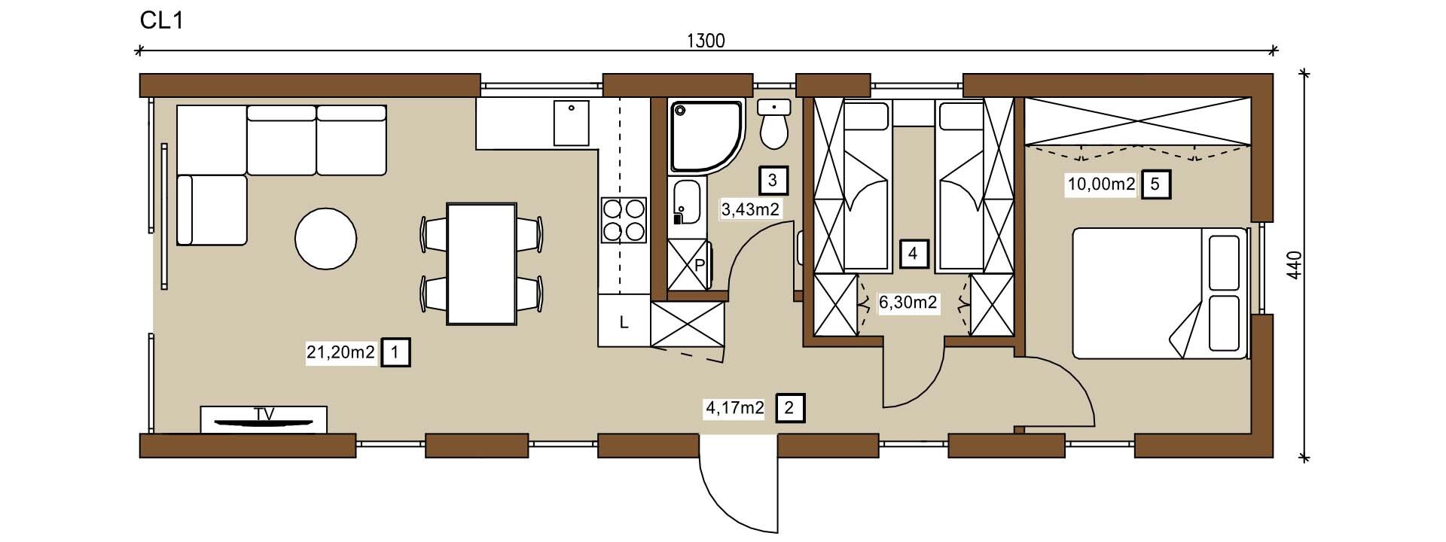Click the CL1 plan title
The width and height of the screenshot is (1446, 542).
coord(162,20)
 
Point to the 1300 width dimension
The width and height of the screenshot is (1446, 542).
coord(706,41)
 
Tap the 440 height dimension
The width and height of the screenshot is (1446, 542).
coord(1294,266)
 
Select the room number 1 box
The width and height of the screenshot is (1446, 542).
coord(396,352)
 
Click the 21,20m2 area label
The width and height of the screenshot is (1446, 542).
coord(340,352)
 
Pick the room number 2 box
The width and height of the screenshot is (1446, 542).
coord(789,409)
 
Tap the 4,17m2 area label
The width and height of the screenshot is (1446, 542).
coord(734,409)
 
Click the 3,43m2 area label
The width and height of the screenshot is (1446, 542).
coord(750,210)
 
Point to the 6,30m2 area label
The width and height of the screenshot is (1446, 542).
coord(908,303)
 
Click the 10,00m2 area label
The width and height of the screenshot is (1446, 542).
coord(1101,184)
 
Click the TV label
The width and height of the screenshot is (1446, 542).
coord(264,413)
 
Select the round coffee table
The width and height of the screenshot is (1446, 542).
coord(325,238)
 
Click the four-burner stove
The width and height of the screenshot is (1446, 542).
coord(624,219)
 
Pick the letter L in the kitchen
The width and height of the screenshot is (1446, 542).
coord(624,323)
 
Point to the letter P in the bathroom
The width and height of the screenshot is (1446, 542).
coord(699,265)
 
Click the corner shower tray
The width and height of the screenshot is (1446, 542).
coord(706,135)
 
